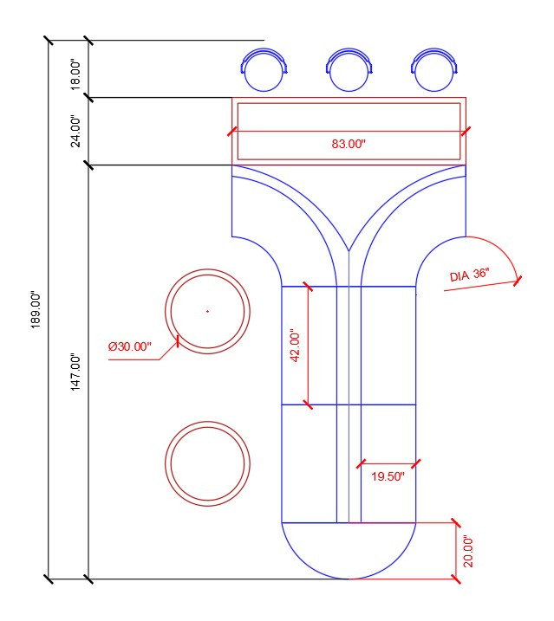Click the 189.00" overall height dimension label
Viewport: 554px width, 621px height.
tap(36, 310)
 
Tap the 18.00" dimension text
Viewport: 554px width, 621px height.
tap(75, 75)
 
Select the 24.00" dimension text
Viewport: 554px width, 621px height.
tap(75, 132)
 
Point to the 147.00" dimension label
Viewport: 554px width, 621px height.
tap(75, 372)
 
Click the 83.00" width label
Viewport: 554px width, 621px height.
tap(349, 144)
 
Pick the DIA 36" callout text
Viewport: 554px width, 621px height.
tap(469, 275)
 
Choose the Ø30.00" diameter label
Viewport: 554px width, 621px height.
tap(130, 346)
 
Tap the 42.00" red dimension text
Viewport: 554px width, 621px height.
tap(296, 345)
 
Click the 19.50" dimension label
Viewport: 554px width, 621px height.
tap(388, 476)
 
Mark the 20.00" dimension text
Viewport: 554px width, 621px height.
tap(468, 552)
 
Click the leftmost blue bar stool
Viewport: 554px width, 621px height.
tap(264, 69)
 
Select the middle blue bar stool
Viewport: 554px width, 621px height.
tap(349, 69)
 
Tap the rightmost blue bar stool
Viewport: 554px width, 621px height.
tap(434, 69)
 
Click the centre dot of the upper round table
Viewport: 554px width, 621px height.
tap(207, 311)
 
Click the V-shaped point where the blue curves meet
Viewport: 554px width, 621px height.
tap(349, 251)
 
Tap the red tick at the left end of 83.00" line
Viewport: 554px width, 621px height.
tap(232, 132)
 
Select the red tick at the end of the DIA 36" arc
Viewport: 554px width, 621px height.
tap(518, 281)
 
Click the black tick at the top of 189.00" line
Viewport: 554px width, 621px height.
tap(49, 41)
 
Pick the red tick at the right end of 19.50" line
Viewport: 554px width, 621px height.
tap(416, 463)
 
